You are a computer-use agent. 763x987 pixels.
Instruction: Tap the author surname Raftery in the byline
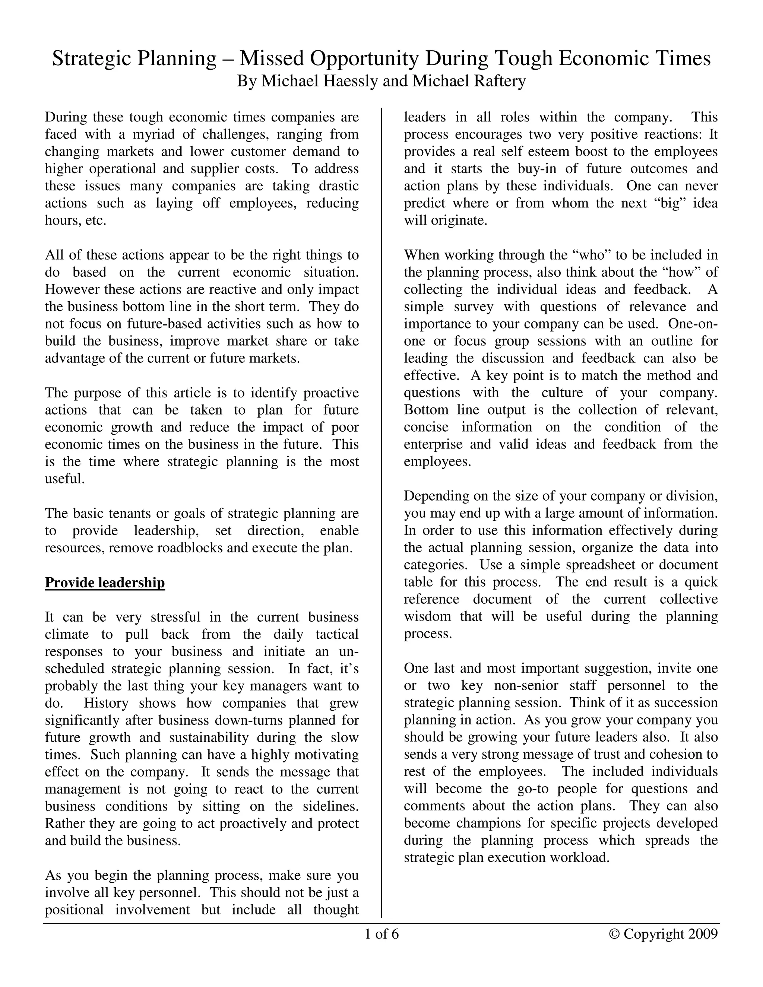(500, 81)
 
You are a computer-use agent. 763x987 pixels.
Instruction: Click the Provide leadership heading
(105, 583)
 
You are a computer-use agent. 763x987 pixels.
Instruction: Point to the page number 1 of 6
(381, 934)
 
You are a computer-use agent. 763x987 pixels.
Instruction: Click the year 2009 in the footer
(703, 934)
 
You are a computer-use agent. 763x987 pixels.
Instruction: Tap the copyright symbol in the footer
(614, 934)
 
